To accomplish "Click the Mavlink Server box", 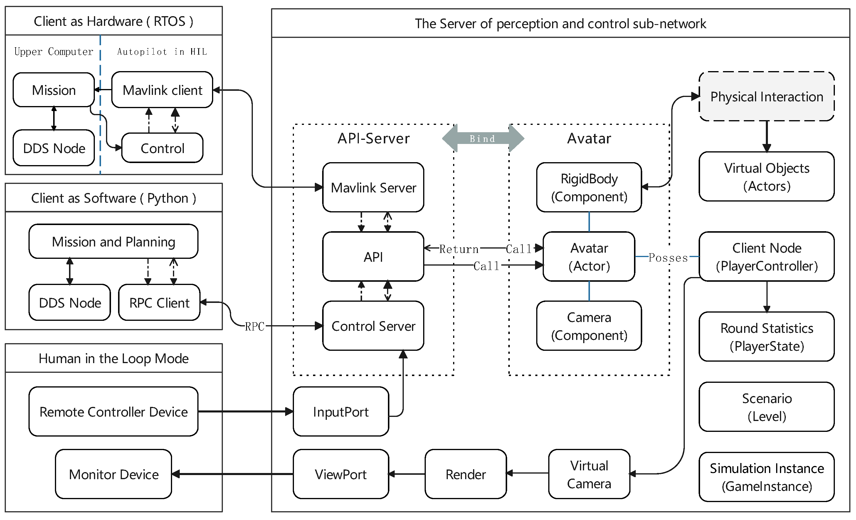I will coord(373,187).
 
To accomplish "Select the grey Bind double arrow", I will coord(482,138).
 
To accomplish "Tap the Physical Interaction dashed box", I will coord(766,96).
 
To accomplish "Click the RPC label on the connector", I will coord(254,326).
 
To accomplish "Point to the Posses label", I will coord(668,258).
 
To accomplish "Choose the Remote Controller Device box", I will coord(113,412).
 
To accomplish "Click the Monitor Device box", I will coord(113,474).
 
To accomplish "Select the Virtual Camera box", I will coord(589,474).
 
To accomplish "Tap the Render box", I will coord(465,474).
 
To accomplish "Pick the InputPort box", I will coord(340,412).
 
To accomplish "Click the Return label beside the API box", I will coord(459,249).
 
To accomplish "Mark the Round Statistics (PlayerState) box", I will coord(766,336).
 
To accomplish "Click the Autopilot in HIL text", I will coord(162,51).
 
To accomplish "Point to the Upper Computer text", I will coord(53,51).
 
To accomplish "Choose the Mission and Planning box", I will coord(113,241).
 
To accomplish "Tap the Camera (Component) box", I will coord(589,326).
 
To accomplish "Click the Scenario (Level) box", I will coord(766,407).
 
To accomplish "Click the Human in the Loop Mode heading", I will coord(113,358).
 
